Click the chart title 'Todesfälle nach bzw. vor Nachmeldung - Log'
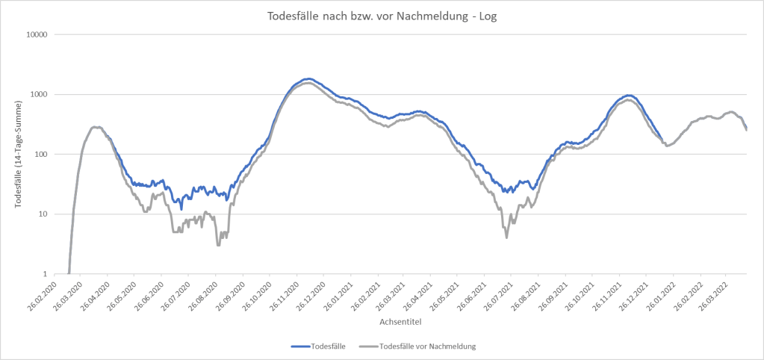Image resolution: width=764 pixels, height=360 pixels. pos(382,16)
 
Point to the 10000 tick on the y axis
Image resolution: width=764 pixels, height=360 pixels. pos(37,35)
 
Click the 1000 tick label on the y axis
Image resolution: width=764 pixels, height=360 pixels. pos(40,95)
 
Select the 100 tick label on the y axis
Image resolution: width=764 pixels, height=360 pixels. pos(42,155)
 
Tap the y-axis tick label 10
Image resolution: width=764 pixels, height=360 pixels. pos(43,214)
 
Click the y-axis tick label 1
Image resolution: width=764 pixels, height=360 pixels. pos(46,274)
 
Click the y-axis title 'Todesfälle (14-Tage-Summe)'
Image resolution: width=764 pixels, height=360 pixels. pos(18,154)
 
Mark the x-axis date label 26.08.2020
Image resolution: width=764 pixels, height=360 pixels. pos(206,295)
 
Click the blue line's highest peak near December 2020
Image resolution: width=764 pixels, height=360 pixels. pos(307,78)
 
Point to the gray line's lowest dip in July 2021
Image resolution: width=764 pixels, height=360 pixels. pos(507,238)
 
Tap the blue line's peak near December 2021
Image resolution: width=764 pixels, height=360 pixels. pos(629,96)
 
